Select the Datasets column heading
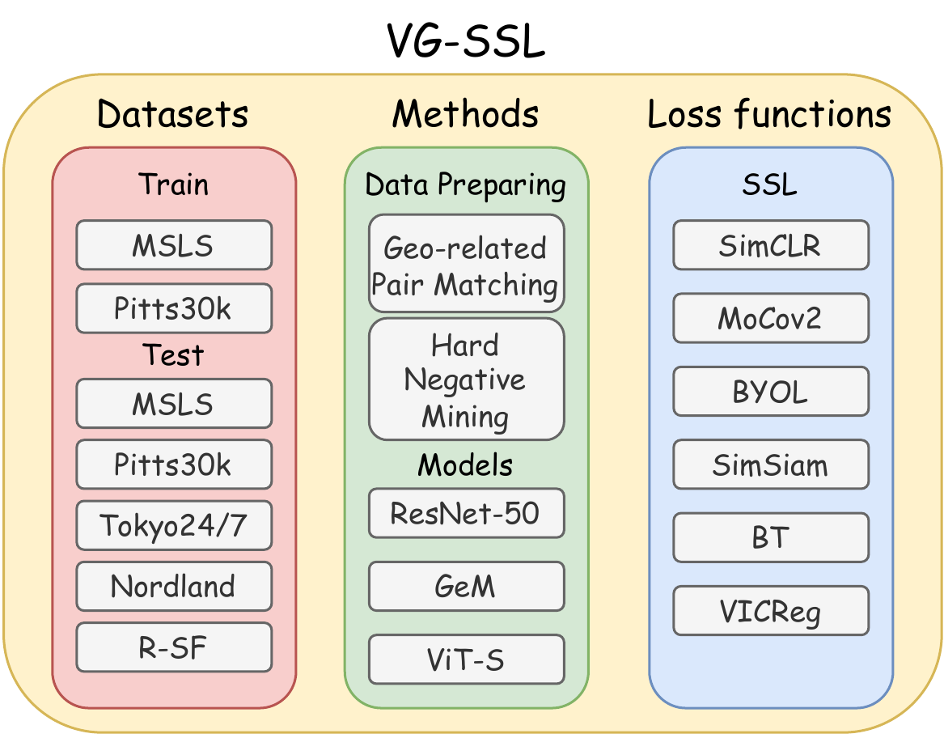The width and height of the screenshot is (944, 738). coord(173,114)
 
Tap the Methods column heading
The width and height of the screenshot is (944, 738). coord(466,114)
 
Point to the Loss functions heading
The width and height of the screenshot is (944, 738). coord(769,114)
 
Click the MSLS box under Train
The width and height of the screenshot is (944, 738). coord(174,245)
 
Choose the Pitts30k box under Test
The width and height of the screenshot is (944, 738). coord(174,464)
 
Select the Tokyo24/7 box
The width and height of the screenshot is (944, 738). coord(174,525)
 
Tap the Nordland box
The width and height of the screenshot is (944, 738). coord(174,586)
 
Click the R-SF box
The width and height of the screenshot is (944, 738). coord(174,647)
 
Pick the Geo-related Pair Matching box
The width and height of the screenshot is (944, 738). coord(466,264)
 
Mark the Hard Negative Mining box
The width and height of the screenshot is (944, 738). coord(466,380)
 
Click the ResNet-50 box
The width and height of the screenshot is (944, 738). coord(466,513)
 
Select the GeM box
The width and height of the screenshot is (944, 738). coord(466,586)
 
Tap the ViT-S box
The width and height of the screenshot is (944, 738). coord(466,659)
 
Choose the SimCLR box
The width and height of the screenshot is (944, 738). coord(770,245)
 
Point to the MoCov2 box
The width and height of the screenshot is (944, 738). coord(770,318)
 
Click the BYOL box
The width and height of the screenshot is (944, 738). coord(770,391)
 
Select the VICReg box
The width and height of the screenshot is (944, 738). coord(770,611)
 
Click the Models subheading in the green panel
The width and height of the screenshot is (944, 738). coord(466,465)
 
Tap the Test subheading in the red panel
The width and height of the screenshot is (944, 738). coord(174,355)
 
